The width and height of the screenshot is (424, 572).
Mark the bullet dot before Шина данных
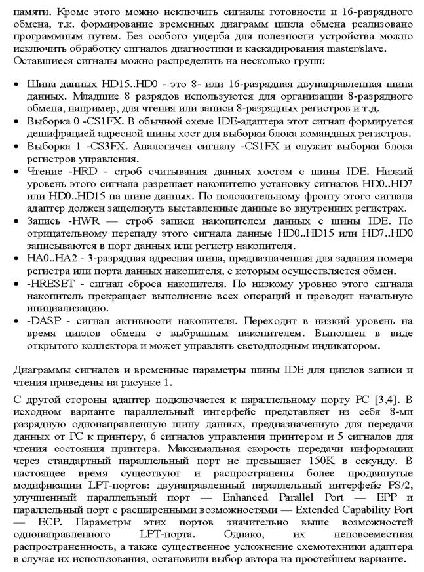click(16, 86)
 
